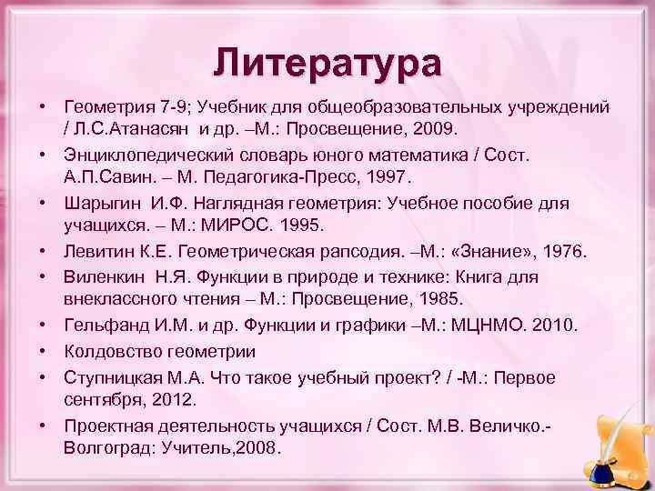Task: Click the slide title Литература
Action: [327, 65]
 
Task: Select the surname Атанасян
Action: [154, 127]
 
